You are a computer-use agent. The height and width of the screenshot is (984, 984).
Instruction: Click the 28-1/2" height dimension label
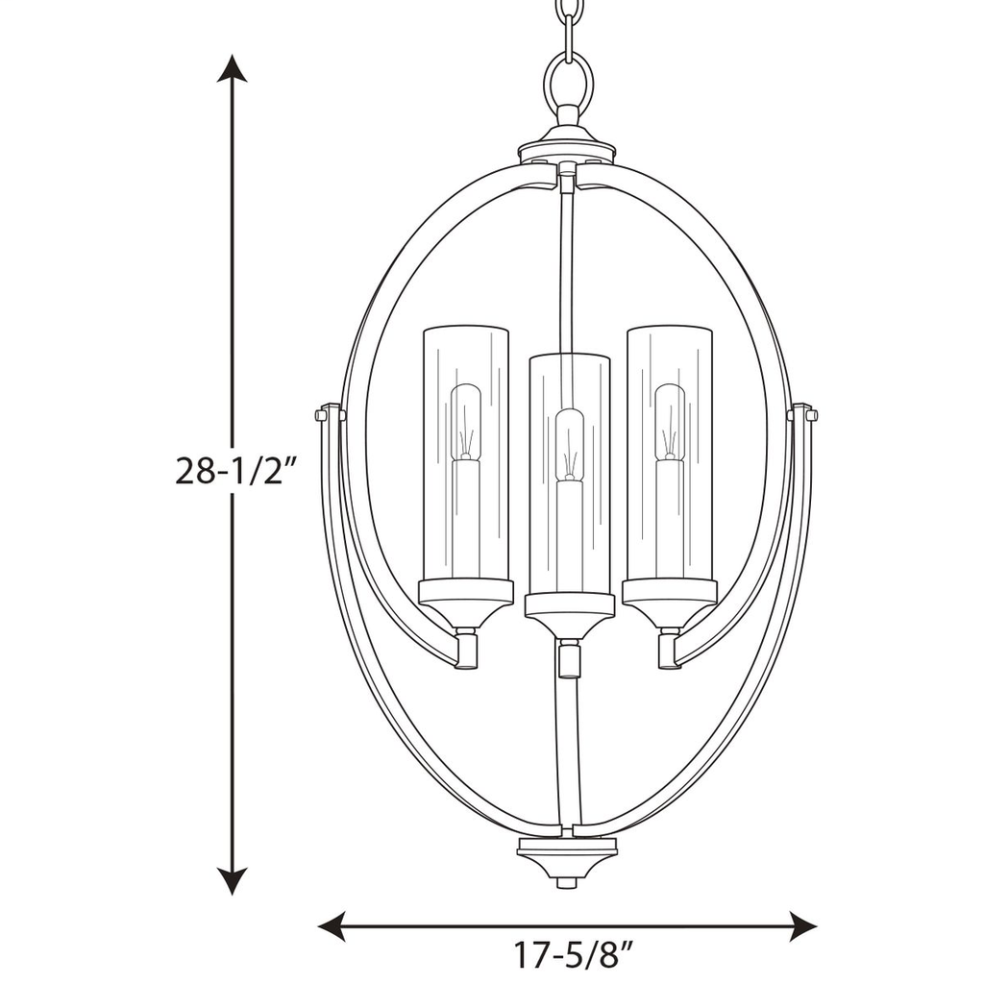click(232, 471)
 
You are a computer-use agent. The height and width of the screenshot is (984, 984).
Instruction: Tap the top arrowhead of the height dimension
click(232, 69)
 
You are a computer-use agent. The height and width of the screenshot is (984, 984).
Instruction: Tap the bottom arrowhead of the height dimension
click(232, 880)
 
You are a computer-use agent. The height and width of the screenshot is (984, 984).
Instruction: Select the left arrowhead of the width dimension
click(332, 926)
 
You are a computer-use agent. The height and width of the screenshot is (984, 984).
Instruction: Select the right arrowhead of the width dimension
click(802, 926)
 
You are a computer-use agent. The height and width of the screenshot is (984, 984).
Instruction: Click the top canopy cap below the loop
click(567, 144)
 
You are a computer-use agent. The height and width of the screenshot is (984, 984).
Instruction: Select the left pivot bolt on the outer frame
click(326, 414)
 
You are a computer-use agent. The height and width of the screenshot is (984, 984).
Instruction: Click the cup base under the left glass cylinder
click(466, 603)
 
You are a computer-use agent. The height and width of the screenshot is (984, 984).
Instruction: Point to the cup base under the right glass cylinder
click(670, 603)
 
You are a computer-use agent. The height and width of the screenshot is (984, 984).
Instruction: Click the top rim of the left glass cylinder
click(466, 329)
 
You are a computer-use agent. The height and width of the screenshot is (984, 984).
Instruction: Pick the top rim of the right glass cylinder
click(670, 329)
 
